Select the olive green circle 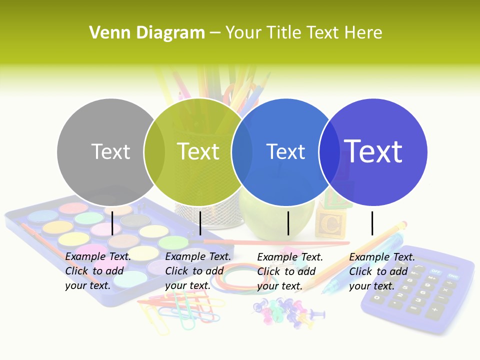pyautogui.click(x=198, y=151)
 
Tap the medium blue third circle pyautogui.click(x=285, y=151)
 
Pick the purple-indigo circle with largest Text pyautogui.click(x=373, y=151)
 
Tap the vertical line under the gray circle pyautogui.click(x=112, y=223)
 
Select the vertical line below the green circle pyautogui.click(x=200, y=223)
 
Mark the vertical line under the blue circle pyautogui.click(x=288, y=223)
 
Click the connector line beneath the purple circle pyautogui.click(x=372, y=223)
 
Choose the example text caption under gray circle pyautogui.click(x=98, y=271)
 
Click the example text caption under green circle pyautogui.click(x=198, y=271)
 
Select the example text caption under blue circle pyautogui.click(x=290, y=271)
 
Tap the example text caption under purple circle pyautogui.click(x=382, y=271)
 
